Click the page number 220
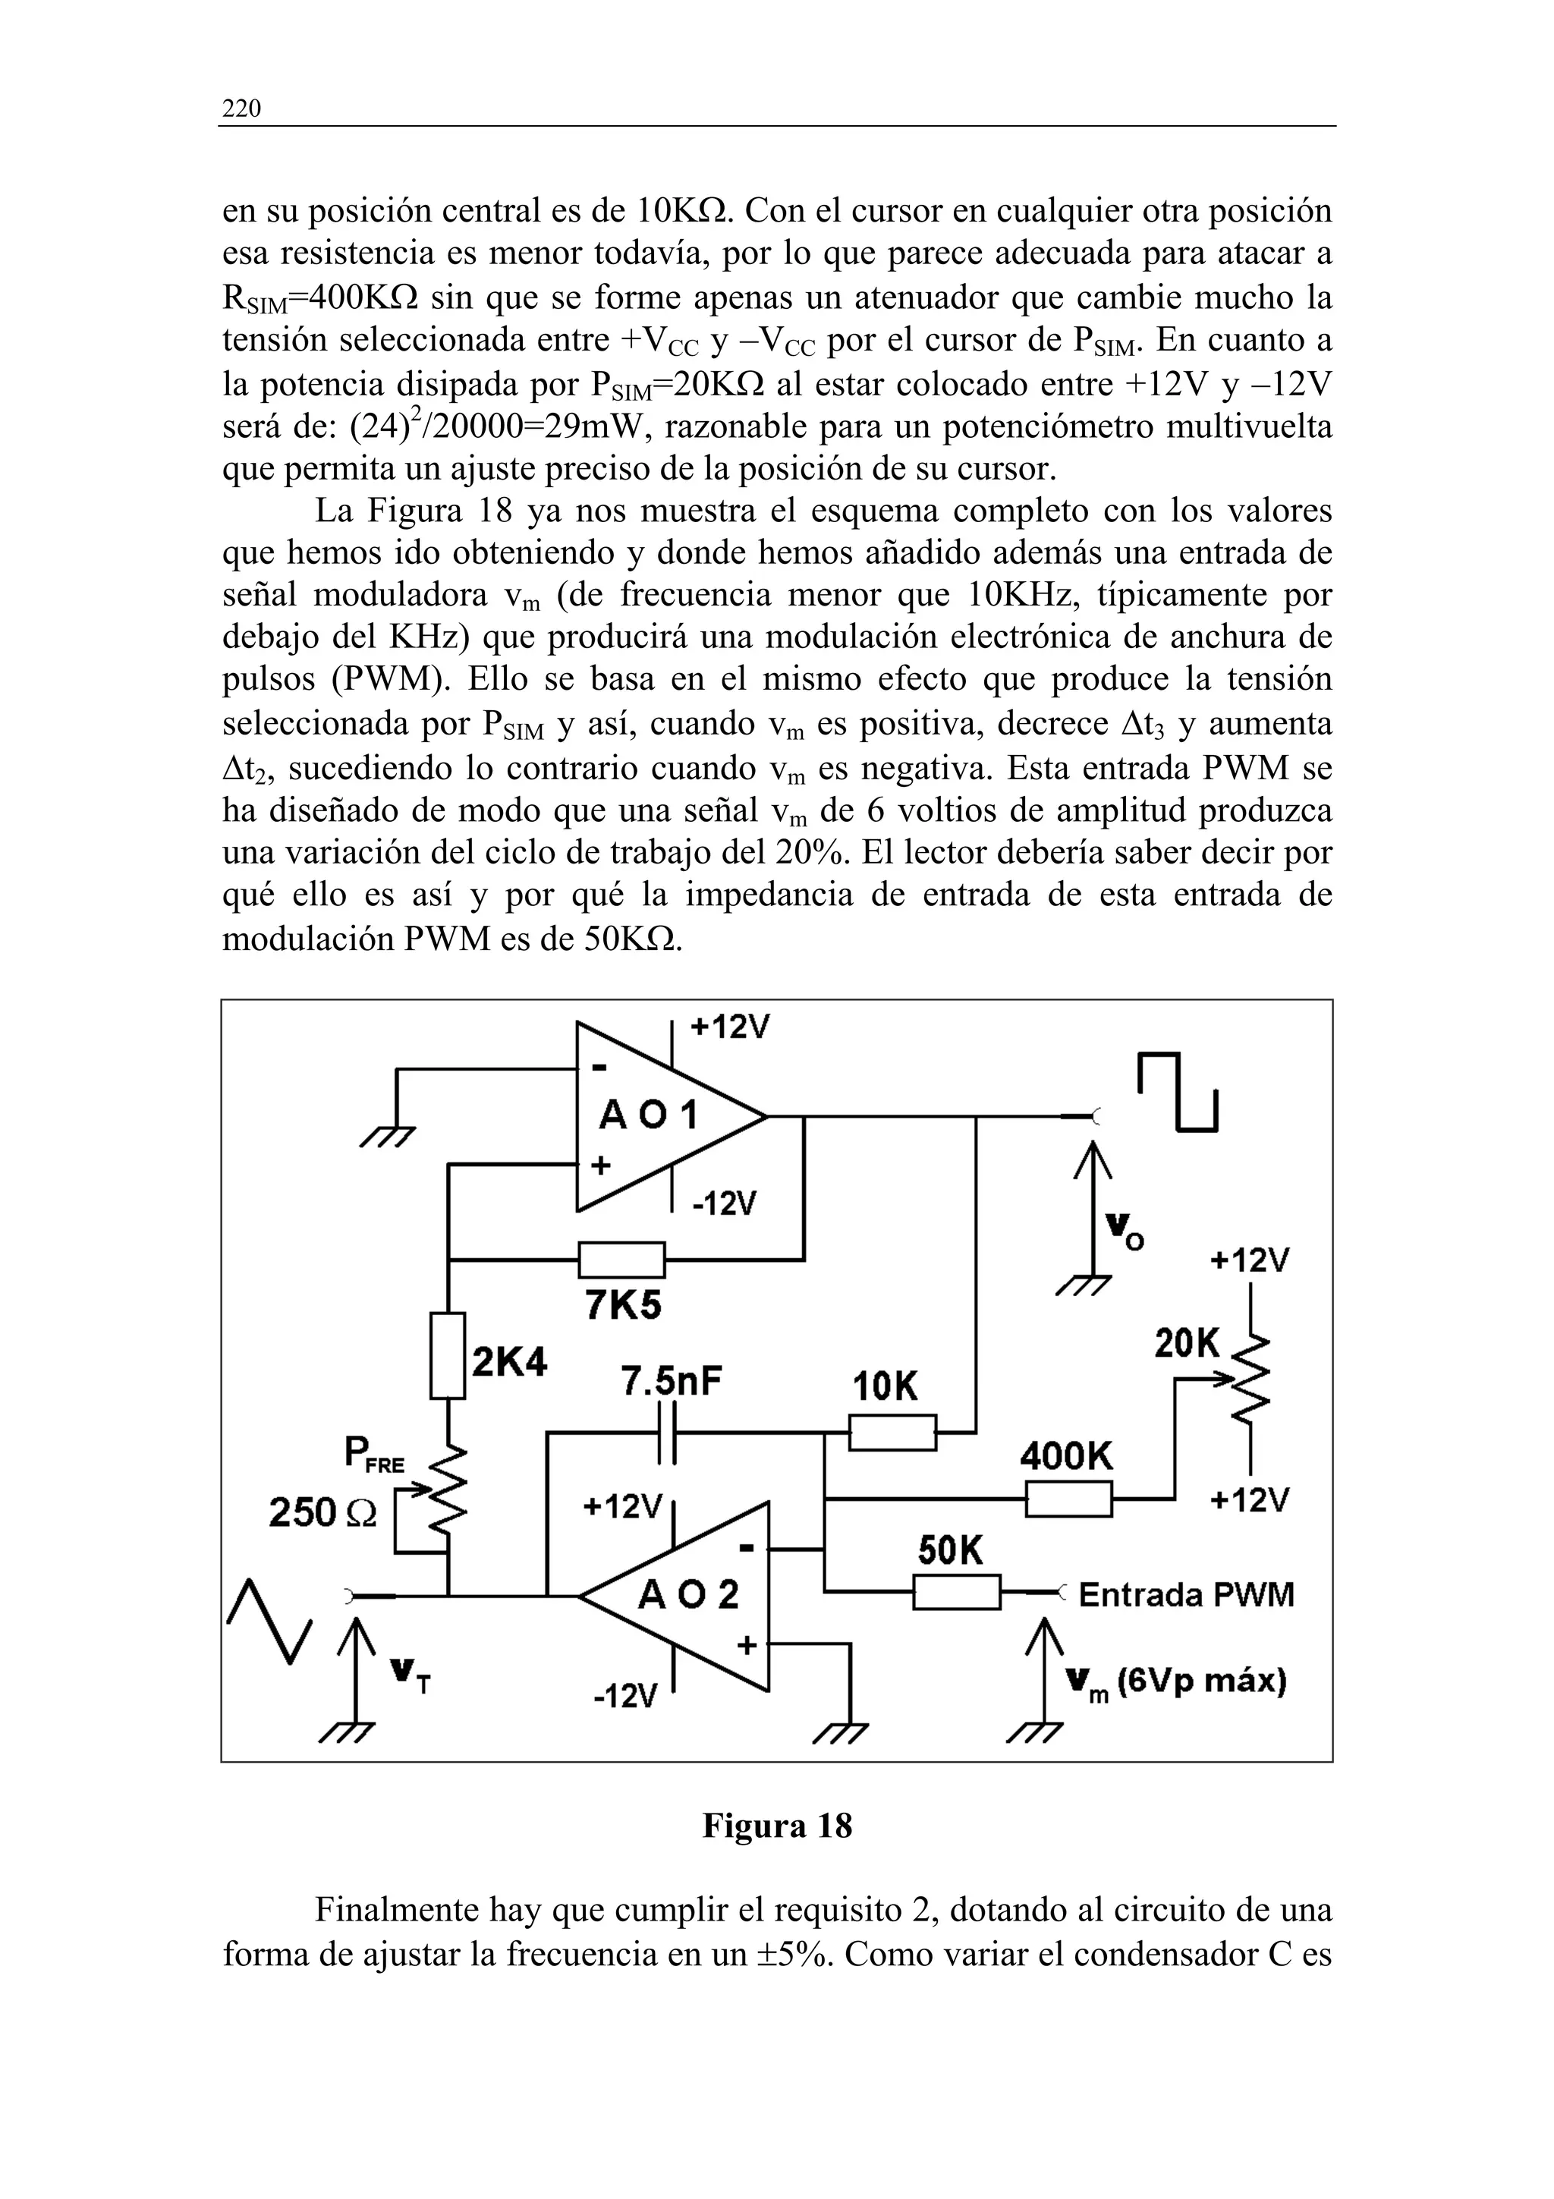pos(241,109)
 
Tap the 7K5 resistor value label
pos(622,1307)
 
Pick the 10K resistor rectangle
pos(892,1433)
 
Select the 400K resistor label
pos(1065,1457)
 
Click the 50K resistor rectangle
pos(955,1592)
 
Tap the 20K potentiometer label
pos(1188,1345)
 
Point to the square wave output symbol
pos(1178,1092)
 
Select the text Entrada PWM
pos(1186,1595)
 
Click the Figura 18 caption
pos(776,1826)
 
